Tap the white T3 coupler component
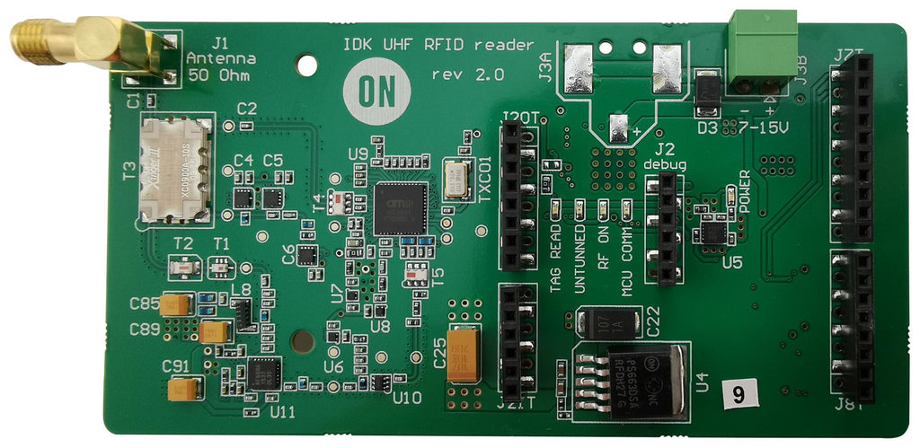tap(176, 171)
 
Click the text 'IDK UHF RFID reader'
tap(438, 45)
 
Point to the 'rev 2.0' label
tap(467, 73)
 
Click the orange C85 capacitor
tap(176, 305)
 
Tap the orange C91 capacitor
tap(184, 389)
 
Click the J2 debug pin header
tap(667, 228)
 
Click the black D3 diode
tap(709, 90)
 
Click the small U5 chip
tap(713, 232)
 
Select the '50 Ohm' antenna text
tap(221, 75)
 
